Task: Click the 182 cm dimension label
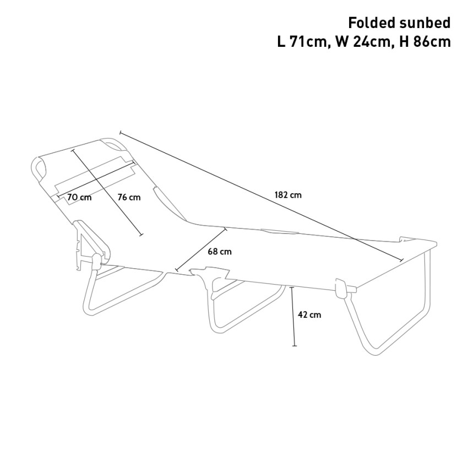pyautogui.click(x=288, y=195)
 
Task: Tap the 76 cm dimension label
pyautogui.click(x=129, y=197)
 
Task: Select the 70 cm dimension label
pyautogui.click(x=79, y=197)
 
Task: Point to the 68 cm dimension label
pyautogui.click(x=220, y=252)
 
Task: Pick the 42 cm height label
pyautogui.click(x=309, y=314)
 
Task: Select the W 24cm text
pyautogui.click(x=363, y=42)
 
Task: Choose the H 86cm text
pyautogui.click(x=425, y=42)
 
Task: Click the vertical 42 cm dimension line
pyautogui.click(x=293, y=317)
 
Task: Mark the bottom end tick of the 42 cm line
pyautogui.click(x=295, y=346)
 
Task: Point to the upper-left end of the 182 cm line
pyautogui.click(x=120, y=133)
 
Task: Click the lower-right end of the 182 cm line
pyautogui.click(x=401, y=260)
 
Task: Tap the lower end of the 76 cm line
pyautogui.click(x=142, y=235)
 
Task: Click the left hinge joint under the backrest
pyautogui.click(x=96, y=260)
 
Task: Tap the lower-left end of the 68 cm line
pyautogui.click(x=177, y=270)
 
